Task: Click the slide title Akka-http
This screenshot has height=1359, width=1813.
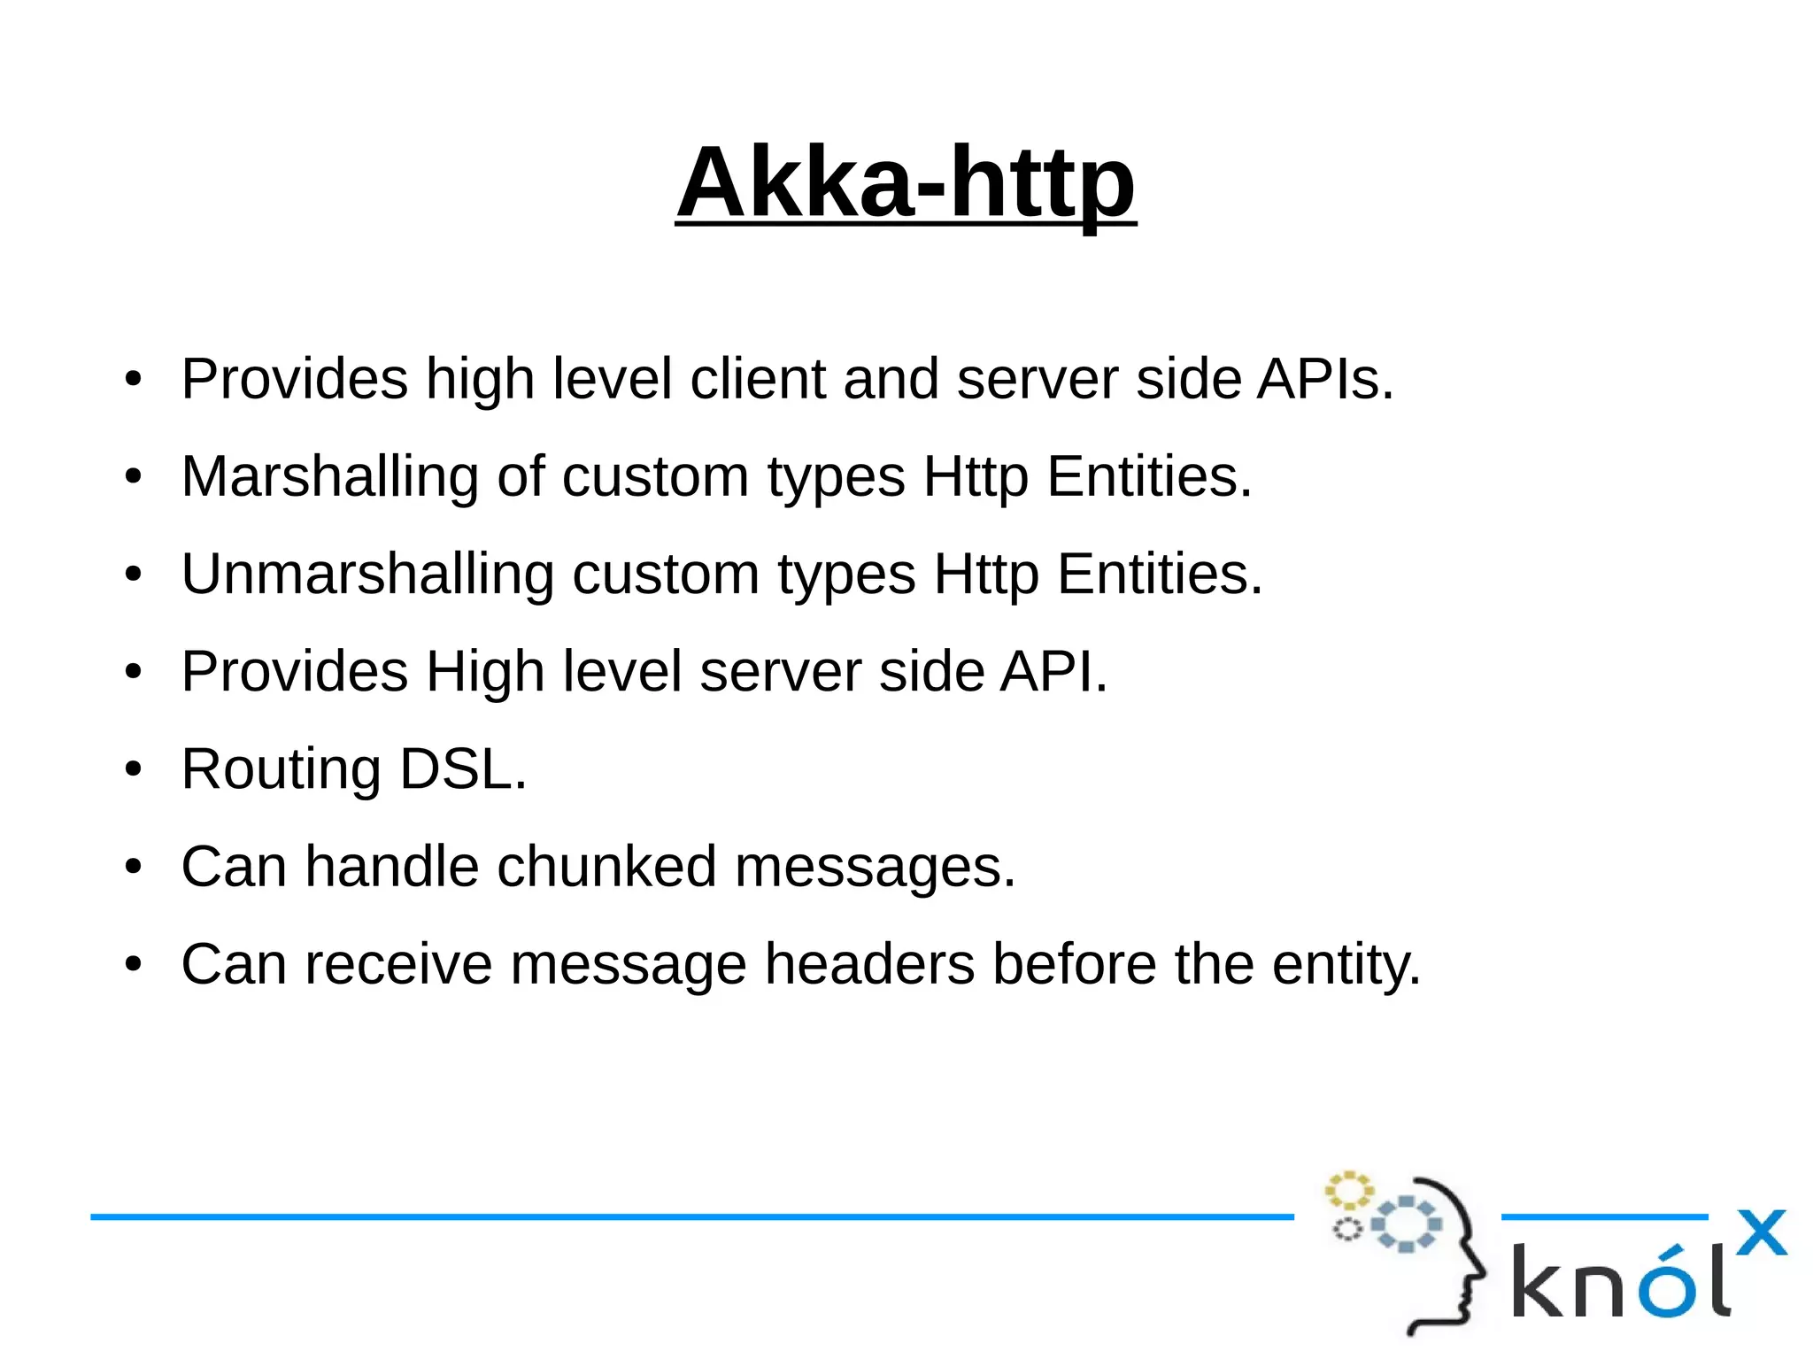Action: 906,182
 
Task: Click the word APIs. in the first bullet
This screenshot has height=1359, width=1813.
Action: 1325,379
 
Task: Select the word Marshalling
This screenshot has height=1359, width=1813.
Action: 329,476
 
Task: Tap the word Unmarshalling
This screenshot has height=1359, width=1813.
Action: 367,574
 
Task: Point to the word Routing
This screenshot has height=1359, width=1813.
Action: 281,768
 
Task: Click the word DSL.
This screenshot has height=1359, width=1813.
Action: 463,768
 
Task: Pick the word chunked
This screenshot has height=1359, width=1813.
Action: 606,866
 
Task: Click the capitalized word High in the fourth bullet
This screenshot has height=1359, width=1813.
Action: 484,671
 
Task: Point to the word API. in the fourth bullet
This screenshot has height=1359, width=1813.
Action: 1053,671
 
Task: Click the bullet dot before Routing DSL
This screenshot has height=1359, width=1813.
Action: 133,768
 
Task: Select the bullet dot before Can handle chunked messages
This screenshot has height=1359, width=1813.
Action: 133,866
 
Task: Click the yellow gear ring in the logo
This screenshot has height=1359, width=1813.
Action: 1348,1191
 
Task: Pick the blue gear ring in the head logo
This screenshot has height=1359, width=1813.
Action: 1406,1224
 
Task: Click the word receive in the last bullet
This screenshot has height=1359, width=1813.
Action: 398,963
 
